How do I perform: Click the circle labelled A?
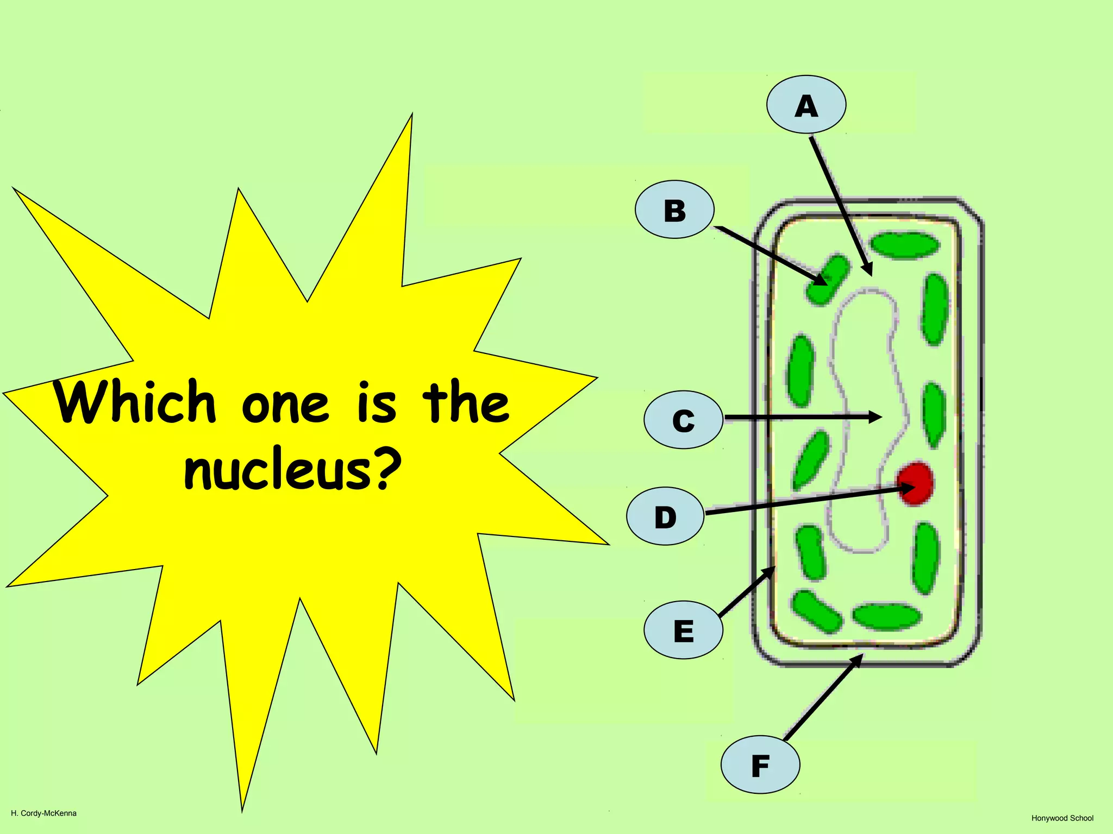tap(806, 104)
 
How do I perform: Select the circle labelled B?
tap(674, 210)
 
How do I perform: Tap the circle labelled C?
tap(683, 420)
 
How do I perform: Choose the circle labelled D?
tap(665, 516)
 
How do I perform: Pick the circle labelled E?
tap(683, 630)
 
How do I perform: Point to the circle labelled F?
tap(760, 765)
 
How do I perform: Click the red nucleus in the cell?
tap(916, 483)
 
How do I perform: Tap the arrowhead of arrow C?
tap(876, 417)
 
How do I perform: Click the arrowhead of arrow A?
tap(868, 269)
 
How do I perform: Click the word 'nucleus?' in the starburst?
tap(292, 470)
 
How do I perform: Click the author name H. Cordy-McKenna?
tap(43, 813)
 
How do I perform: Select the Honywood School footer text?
tap(1062, 818)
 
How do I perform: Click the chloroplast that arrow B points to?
tap(827, 280)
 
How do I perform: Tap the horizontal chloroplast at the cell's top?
tap(904, 245)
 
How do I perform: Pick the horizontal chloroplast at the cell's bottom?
tap(886, 616)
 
